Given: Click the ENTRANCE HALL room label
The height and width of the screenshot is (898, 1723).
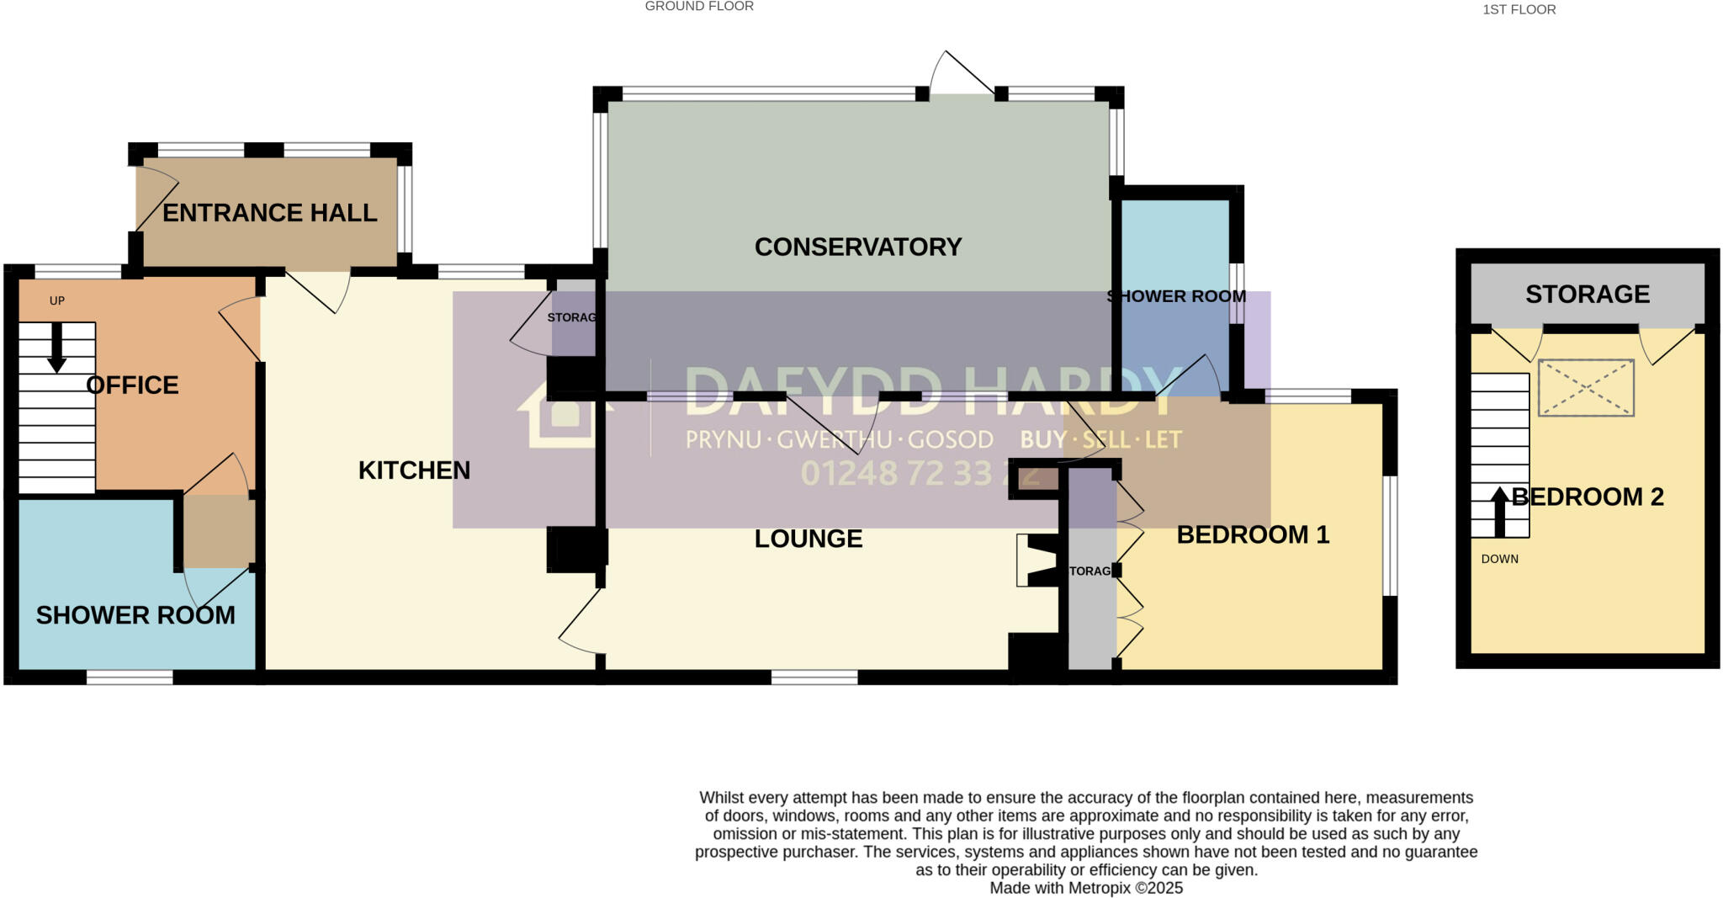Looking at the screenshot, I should pyautogui.click(x=269, y=213).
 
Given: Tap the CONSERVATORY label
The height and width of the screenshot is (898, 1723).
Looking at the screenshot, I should pyautogui.click(x=857, y=247).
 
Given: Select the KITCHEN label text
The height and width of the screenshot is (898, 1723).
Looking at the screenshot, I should pyautogui.click(x=414, y=470).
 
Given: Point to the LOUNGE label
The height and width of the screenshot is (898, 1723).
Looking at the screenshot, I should pyautogui.click(x=808, y=539).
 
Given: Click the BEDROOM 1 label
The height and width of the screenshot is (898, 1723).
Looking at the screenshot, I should pyautogui.click(x=1252, y=534).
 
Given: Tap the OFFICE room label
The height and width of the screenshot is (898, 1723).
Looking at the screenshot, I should pyautogui.click(x=132, y=385).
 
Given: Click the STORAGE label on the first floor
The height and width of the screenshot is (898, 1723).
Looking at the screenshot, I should pyautogui.click(x=1587, y=294).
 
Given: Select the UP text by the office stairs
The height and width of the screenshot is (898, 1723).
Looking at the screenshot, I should pyautogui.click(x=57, y=300).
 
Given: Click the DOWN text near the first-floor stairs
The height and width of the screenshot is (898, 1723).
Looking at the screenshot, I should pyautogui.click(x=1499, y=559).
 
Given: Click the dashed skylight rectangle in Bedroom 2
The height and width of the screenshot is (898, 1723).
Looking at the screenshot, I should pyautogui.click(x=1585, y=387).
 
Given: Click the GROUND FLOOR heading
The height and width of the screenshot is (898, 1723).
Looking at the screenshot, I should pyautogui.click(x=698, y=7).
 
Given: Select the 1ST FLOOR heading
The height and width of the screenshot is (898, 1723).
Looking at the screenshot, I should pyautogui.click(x=1519, y=10).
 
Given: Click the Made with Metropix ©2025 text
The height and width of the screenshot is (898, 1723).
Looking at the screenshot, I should pyautogui.click(x=1085, y=888).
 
